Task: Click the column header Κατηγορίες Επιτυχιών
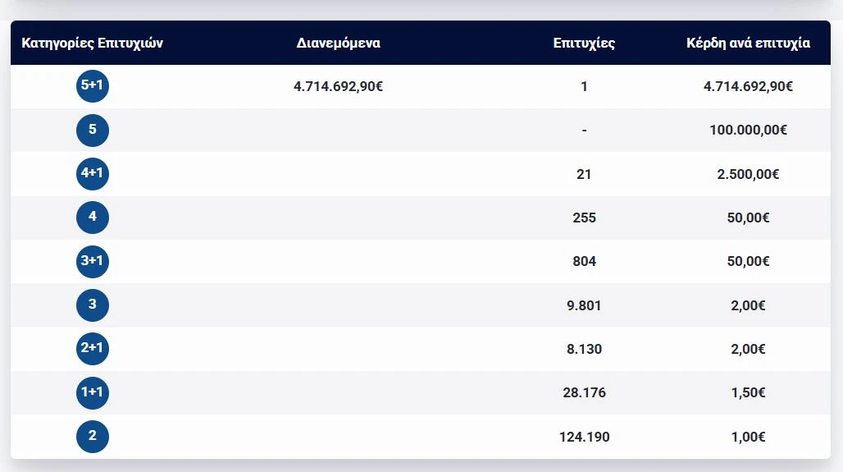pyautogui.click(x=92, y=43)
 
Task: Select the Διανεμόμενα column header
pyautogui.click(x=338, y=43)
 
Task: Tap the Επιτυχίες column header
pyautogui.click(x=584, y=43)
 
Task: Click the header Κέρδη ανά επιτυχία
pyautogui.click(x=748, y=43)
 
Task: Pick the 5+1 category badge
pyautogui.click(x=93, y=86)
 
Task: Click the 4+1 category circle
pyautogui.click(x=93, y=173)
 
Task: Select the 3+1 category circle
pyautogui.click(x=93, y=261)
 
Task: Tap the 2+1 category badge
pyautogui.click(x=93, y=349)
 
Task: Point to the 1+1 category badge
pyautogui.click(x=93, y=392)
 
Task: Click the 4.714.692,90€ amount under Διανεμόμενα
pyautogui.click(x=338, y=86)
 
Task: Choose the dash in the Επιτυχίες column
pyautogui.click(x=584, y=130)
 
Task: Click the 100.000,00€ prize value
pyautogui.click(x=748, y=130)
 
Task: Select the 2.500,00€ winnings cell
pyautogui.click(x=748, y=174)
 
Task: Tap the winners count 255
pyautogui.click(x=584, y=218)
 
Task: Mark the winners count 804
pyautogui.click(x=584, y=261)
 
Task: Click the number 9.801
pyautogui.click(x=584, y=305)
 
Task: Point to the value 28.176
pyautogui.click(x=584, y=392)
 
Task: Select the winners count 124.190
pyautogui.click(x=584, y=437)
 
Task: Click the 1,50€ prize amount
pyautogui.click(x=748, y=392)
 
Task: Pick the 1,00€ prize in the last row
pyautogui.click(x=748, y=437)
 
